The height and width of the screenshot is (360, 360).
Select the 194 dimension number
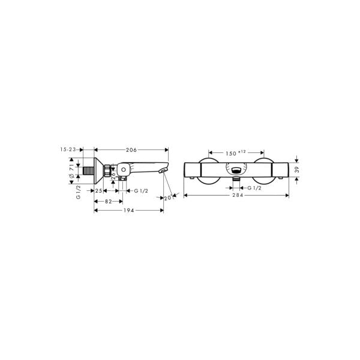click(128, 211)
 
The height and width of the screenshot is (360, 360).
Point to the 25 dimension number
click(99, 191)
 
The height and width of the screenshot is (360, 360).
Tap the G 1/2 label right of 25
click(142, 191)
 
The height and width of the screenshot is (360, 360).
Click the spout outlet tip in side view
click(163, 172)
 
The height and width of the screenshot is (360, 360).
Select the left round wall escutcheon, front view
click(208, 171)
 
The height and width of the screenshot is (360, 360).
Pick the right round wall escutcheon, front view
click(264, 171)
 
